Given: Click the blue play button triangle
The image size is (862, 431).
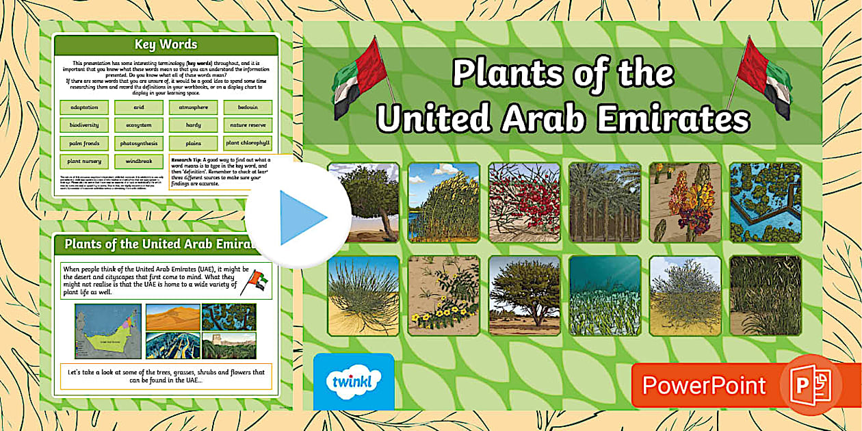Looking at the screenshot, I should click(301, 217).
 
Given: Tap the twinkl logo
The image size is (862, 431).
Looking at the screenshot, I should click(353, 380).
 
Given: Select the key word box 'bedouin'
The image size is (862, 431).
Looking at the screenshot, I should click(247, 107).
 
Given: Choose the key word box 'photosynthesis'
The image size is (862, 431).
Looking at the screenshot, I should click(138, 144).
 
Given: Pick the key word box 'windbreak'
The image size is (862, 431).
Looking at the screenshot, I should click(138, 161).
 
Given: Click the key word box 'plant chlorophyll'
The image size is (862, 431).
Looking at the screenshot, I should click(247, 144).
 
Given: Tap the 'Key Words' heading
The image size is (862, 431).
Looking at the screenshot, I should click(166, 45).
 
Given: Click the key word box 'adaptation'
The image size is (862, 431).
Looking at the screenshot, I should click(84, 107).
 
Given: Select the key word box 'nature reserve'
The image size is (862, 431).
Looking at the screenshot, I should click(247, 125).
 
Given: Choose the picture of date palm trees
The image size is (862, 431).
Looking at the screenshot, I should click(605, 203).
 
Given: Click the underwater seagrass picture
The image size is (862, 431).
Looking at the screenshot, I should click(605, 296).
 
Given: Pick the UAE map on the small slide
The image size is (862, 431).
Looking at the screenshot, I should click(107, 331).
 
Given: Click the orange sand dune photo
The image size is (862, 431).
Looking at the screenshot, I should click(172, 317).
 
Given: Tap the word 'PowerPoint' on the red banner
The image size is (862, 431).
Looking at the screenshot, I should click(704, 386).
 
